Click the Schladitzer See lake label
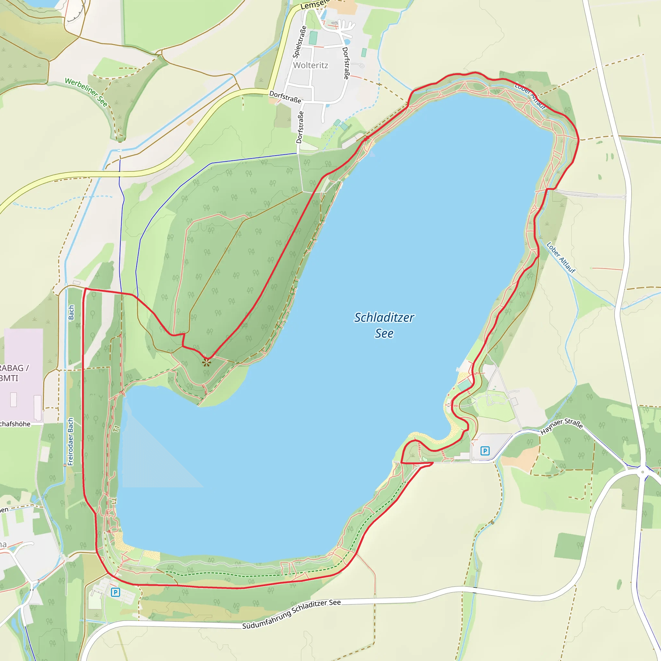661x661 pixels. pyautogui.click(x=384, y=325)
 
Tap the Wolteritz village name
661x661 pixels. pyautogui.click(x=311, y=65)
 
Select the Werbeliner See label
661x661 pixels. pyautogui.click(x=86, y=92)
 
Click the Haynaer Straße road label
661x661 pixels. pyautogui.click(x=562, y=426)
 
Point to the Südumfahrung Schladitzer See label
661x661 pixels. pyautogui.click(x=291, y=614)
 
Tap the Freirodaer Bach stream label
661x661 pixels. pyautogui.click(x=70, y=441)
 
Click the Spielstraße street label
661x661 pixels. pyautogui.click(x=300, y=42)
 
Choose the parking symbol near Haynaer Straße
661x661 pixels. pyautogui.click(x=484, y=451)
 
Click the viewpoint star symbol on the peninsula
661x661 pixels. pyautogui.click(x=206, y=362)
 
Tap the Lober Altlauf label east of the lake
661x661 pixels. pyautogui.click(x=561, y=258)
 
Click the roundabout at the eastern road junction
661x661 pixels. pyautogui.click(x=643, y=472)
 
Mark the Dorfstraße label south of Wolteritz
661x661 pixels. pyautogui.click(x=300, y=127)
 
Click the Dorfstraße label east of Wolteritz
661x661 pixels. pyautogui.click(x=346, y=63)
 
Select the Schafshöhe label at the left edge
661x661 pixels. pyautogui.click(x=15, y=424)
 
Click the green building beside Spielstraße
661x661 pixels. pyautogui.click(x=313, y=38)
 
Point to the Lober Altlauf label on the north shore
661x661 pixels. pyautogui.click(x=530, y=96)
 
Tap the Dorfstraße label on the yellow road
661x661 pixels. pyautogui.click(x=285, y=97)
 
